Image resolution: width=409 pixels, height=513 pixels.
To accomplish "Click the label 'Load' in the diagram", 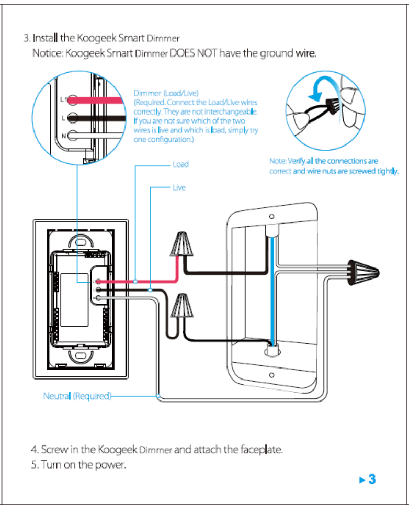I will click(180, 164).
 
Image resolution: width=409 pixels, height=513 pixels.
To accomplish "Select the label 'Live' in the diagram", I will click(179, 187).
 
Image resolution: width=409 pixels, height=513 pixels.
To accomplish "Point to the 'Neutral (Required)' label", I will click(77, 396).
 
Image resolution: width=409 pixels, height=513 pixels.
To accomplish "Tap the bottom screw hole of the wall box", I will click(271, 375).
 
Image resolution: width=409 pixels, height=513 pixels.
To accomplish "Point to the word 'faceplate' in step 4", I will click(259, 450).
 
